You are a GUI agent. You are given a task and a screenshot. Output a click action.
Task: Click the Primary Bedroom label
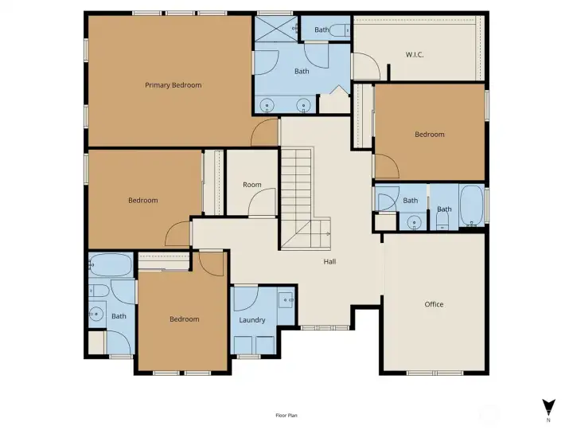click(173, 85)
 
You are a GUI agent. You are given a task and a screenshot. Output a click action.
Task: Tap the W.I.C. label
click(415, 55)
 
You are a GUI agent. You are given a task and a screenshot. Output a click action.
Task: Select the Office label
click(434, 304)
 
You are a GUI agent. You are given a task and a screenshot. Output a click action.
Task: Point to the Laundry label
click(252, 320)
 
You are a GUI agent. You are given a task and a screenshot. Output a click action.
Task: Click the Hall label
click(329, 261)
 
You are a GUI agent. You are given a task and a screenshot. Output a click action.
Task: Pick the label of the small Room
click(252, 185)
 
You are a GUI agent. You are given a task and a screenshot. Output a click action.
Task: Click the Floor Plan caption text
click(286, 416)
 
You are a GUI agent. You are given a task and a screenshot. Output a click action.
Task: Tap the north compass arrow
click(548, 408)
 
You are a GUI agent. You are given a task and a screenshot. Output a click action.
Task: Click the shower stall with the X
click(276, 29)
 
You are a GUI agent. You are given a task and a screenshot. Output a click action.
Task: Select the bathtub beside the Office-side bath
click(472, 205)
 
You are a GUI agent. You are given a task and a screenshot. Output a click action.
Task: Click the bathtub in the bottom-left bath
click(111, 264)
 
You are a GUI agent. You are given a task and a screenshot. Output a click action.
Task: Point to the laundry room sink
click(286, 300)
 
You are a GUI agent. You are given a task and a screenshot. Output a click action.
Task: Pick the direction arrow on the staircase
click(325, 234)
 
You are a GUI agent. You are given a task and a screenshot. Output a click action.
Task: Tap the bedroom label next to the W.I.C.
click(430, 135)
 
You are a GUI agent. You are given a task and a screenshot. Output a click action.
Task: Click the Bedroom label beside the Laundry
click(185, 319)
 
